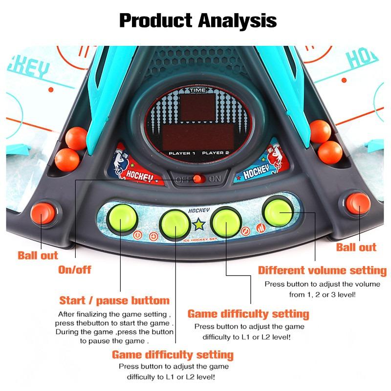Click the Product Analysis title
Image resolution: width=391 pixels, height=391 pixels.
click(x=198, y=21)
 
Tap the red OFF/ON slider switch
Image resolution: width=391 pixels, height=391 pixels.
click(x=197, y=179)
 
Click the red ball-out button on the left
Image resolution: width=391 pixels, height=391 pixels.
click(x=43, y=213)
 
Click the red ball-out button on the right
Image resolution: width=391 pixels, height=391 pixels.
click(x=358, y=203)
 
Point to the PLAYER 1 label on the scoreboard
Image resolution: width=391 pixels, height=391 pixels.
click(x=182, y=153)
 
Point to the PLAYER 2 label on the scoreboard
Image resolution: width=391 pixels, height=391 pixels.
click(x=216, y=152)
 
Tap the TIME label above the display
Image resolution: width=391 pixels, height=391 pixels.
click(x=198, y=90)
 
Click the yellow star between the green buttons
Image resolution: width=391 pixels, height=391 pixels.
click(x=199, y=224)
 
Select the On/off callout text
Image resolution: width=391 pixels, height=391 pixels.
click(x=75, y=270)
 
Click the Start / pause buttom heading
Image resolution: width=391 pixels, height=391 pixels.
click(x=114, y=301)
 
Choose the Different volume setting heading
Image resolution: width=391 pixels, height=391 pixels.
click(x=322, y=270)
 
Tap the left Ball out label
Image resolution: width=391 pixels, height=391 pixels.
click(x=38, y=255)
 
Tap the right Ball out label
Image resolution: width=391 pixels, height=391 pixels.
click(x=356, y=247)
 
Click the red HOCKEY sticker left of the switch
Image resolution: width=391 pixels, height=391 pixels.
click(x=137, y=165)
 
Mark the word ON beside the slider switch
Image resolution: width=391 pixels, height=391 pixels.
click(x=215, y=179)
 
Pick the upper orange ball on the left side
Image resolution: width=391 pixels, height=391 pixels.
click(x=76, y=138)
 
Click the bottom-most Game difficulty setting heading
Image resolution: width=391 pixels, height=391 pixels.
click(x=173, y=355)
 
